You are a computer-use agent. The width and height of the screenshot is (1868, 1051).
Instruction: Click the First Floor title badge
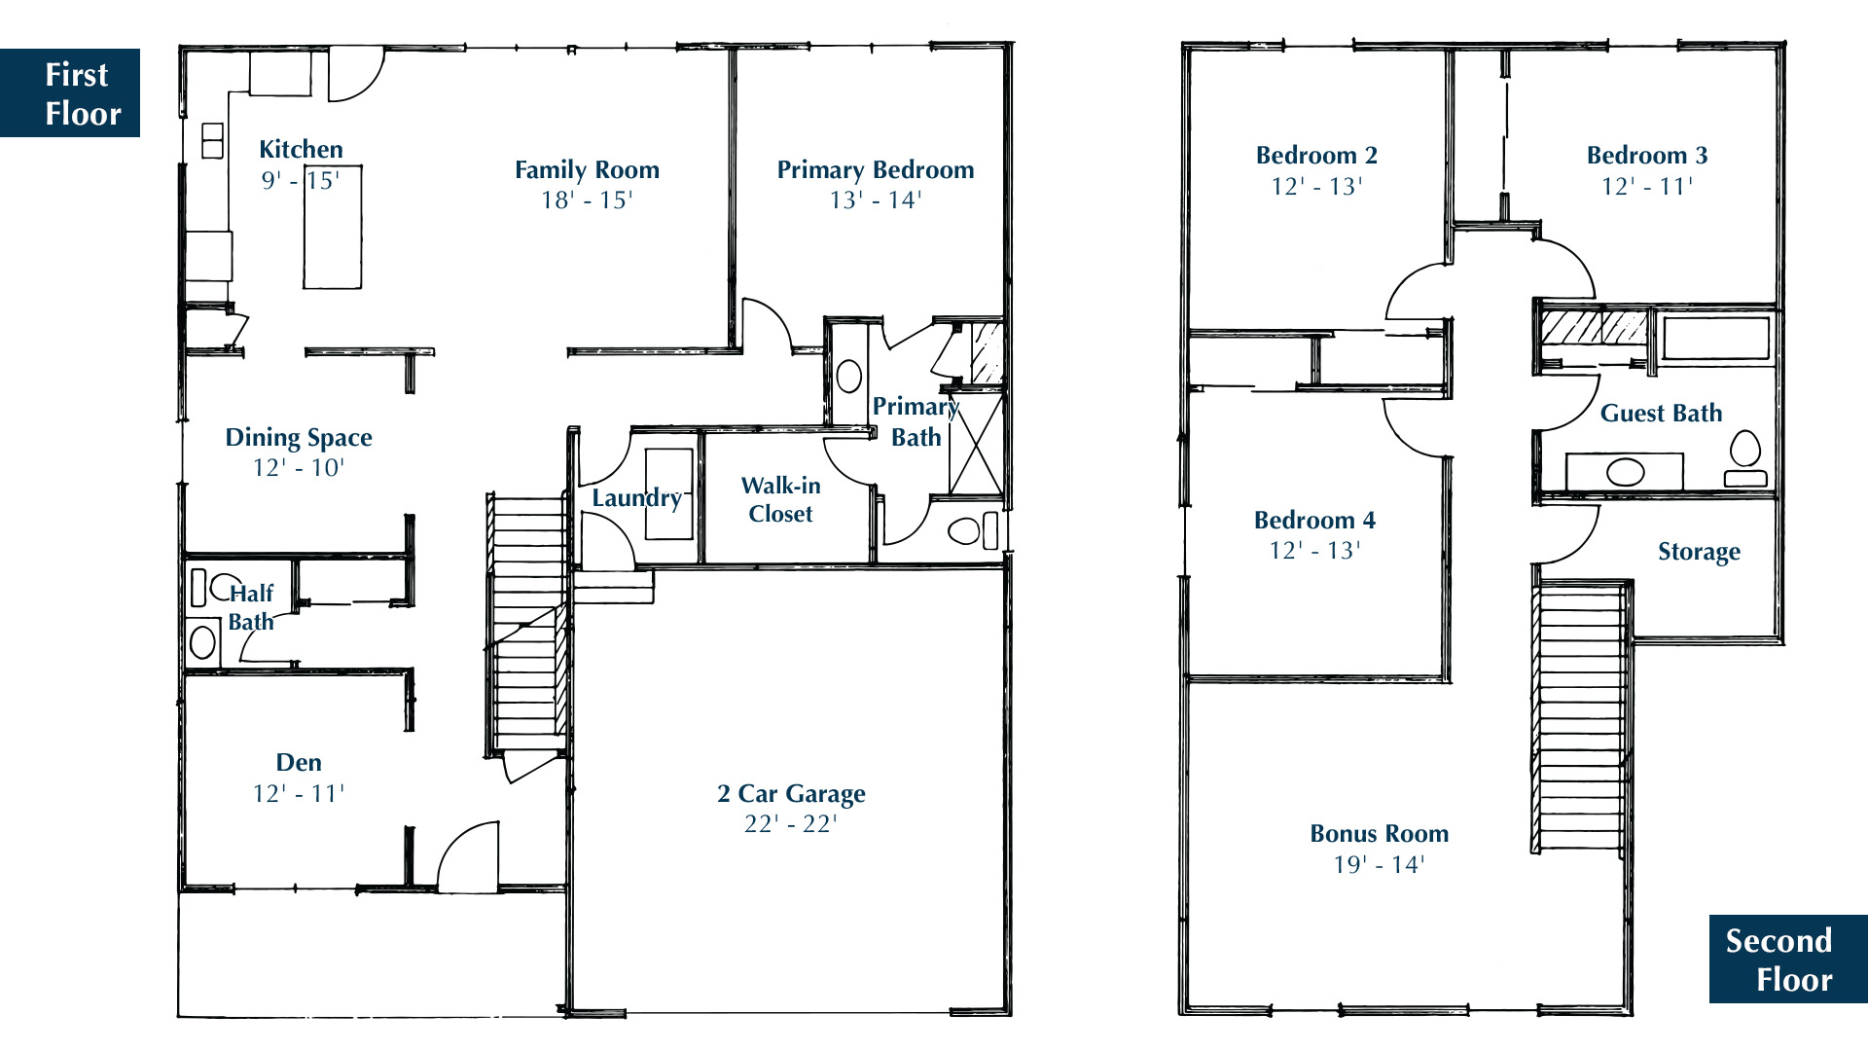70,92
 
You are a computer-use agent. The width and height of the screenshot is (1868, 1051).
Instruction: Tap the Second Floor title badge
1788,959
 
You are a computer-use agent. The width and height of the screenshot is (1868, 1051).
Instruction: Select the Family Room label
587,170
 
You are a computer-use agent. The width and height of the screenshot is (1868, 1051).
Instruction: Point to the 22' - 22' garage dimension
791,824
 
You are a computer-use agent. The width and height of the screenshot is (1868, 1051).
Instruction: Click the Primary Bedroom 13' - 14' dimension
876,200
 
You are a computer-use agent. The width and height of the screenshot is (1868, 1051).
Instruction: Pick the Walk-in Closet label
781,499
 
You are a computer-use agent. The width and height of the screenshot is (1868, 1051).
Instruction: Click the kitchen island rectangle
333,228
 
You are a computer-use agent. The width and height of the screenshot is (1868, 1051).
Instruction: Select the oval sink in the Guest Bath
1625,473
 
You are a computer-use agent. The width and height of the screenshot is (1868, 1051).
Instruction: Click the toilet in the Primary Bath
973,531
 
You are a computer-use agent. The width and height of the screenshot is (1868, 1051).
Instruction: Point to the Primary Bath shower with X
976,443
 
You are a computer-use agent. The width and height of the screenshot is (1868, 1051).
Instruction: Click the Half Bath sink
202,642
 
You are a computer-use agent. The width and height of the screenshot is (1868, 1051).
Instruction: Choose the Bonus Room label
1380,834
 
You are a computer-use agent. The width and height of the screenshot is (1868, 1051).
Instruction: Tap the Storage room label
1700,552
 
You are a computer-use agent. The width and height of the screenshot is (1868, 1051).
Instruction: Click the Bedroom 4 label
1314,521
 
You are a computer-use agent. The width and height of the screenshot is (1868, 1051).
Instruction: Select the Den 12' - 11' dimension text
299,794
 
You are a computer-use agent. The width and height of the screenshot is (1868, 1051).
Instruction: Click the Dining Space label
299,438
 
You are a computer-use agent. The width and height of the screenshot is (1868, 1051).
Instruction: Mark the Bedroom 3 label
1647,156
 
